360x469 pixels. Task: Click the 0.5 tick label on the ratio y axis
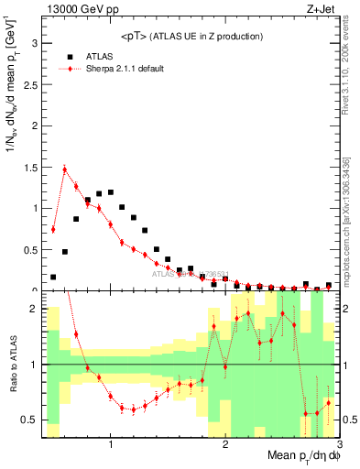28,420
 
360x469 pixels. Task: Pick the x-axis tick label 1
111,444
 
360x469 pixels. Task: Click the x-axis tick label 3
339,444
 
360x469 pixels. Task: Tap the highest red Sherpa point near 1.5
65,169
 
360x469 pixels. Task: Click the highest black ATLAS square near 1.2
111,192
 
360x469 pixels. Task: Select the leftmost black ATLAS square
53,277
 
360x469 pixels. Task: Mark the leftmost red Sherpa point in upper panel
53,229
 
